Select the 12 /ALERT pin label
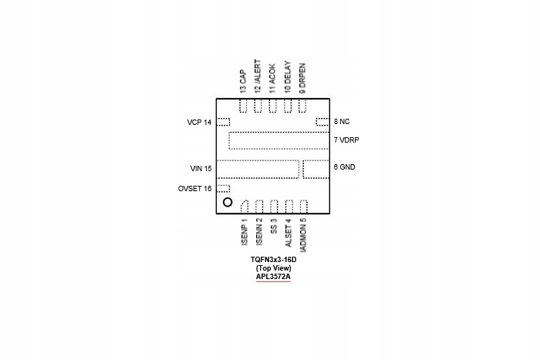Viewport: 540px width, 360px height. [x=257, y=77]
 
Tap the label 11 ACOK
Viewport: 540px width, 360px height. [x=272, y=79]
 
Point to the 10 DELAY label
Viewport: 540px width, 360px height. [x=287, y=77]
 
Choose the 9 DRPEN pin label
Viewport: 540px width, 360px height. [x=302, y=78]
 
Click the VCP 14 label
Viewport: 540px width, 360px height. [x=199, y=122]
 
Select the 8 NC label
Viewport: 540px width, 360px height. [x=342, y=122]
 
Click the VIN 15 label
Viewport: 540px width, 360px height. [x=201, y=167]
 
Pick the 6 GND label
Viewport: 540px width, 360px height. [x=345, y=167]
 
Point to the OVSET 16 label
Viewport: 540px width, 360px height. [x=194, y=189]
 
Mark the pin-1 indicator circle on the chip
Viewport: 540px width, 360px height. [x=228, y=203]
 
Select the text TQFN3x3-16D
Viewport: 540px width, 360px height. [x=273, y=260]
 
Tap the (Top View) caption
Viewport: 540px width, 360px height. [x=273, y=267]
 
